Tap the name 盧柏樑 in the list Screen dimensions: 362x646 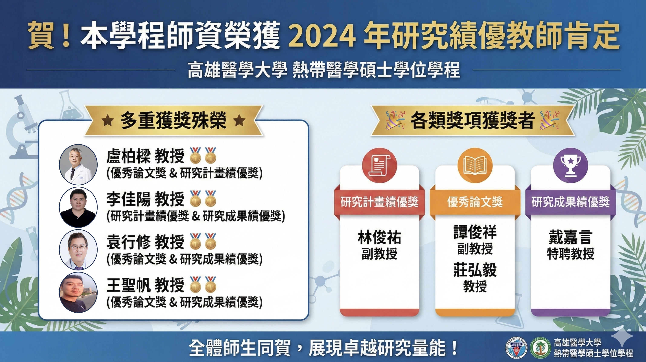[128, 156]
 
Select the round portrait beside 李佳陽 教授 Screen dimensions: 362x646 [78, 207]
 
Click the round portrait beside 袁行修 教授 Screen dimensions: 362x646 [78, 250]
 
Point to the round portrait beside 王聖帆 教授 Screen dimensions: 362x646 [78, 292]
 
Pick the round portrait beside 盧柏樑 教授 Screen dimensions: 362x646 [78, 164]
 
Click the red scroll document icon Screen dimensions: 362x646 [379, 165]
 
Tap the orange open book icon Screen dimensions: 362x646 [475, 165]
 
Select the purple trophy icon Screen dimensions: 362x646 [571, 165]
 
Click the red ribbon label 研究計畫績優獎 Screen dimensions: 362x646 [379, 202]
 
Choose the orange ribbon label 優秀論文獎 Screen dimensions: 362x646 [475, 202]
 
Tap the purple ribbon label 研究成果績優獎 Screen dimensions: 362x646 [571, 202]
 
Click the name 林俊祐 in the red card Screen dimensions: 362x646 [379, 237]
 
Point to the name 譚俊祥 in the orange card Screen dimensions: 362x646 [475, 232]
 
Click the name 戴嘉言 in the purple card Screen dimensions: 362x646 [571, 237]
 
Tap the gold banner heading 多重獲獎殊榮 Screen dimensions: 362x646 [173, 121]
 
